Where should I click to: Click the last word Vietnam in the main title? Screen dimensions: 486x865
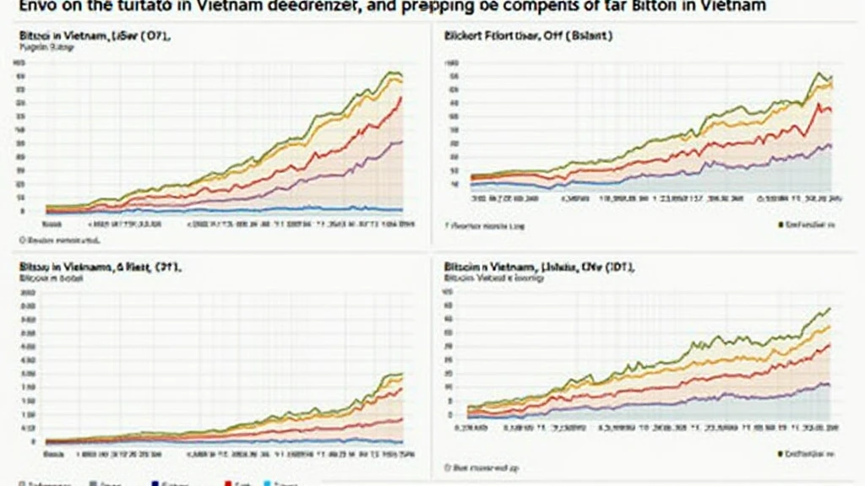[x=735, y=6]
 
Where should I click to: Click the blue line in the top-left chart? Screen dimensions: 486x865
[x=253, y=208]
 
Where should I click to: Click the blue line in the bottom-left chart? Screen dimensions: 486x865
[x=253, y=439]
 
